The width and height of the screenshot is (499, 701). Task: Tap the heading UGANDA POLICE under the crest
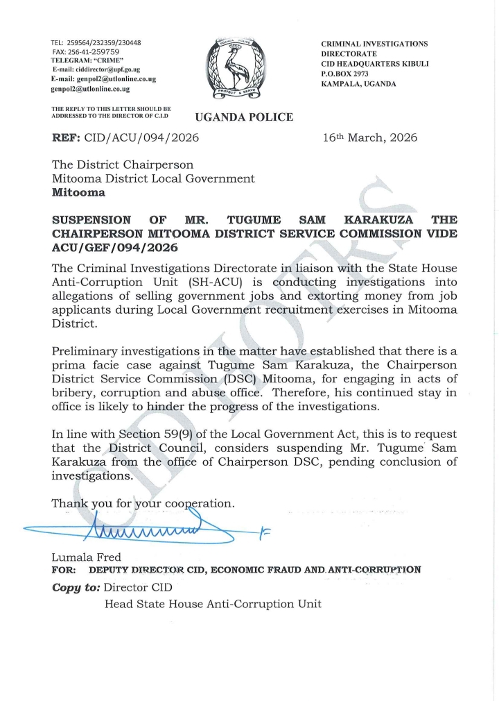coord(244,117)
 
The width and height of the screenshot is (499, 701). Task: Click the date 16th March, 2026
coord(370,137)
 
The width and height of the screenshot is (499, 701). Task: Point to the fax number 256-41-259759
coord(94,52)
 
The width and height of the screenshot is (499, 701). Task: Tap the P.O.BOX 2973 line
coord(345,74)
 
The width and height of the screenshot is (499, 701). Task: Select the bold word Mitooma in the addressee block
coord(79,192)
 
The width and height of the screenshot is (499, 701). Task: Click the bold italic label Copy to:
coord(76,587)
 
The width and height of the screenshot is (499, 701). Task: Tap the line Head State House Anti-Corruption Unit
coord(213,604)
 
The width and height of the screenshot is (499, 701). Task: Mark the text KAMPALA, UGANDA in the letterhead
coord(358,83)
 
